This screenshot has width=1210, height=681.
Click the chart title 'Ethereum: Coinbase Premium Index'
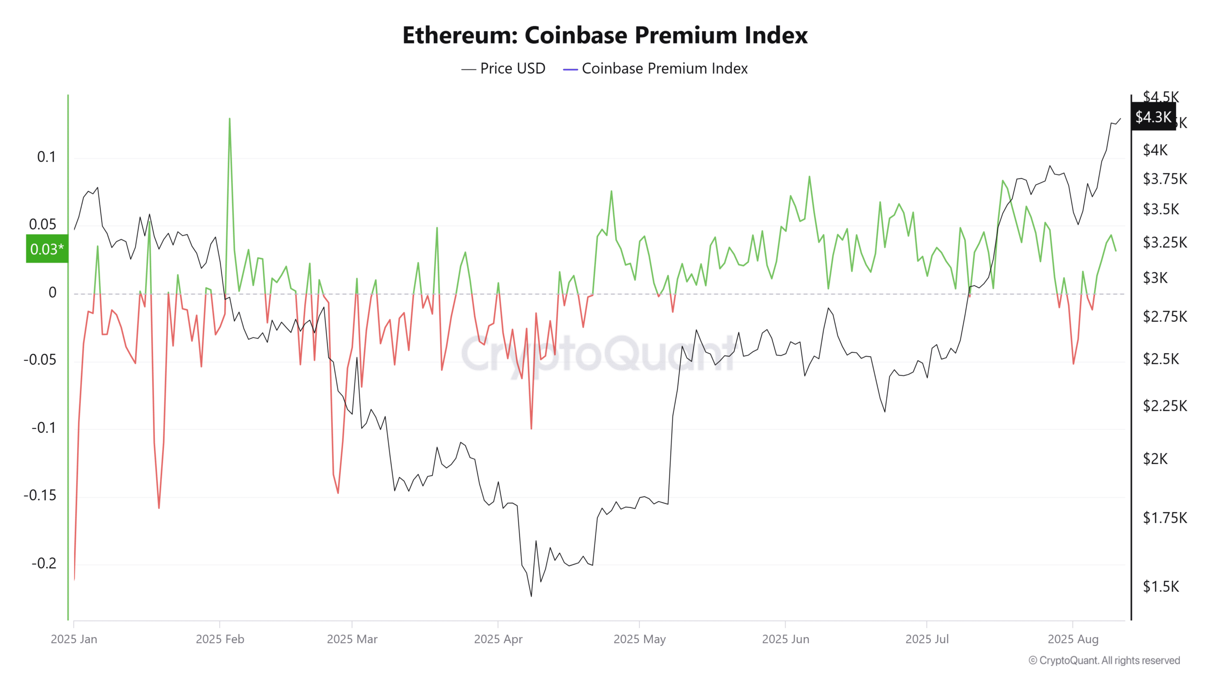coord(605,35)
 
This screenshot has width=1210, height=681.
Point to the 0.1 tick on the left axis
coord(46,157)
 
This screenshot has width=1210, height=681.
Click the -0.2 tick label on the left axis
coord(43,563)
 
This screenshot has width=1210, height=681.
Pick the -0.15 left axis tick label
coord(40,495)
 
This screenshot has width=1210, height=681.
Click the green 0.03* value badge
coord(47,249)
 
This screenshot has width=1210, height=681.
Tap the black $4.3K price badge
coord(1153,117)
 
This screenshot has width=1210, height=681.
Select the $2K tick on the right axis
coord(1155,459)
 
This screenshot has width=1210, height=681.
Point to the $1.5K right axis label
coord(1160,586)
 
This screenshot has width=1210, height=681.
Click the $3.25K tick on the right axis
coord(1165,243)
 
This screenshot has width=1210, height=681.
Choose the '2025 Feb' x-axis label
coord(220,639)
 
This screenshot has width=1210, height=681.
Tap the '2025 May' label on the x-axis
coord(640,639)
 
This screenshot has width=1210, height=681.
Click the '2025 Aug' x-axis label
coord(1073,639)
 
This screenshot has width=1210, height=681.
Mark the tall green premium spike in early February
coord(230,119)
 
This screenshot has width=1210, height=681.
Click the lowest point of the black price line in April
coord(531,595)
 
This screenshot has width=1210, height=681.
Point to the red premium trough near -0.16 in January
coord(159,508)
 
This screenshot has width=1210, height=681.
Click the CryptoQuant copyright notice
coord(1104,660)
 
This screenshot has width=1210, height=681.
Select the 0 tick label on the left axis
coord(52,293)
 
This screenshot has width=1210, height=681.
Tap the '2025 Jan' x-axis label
coord(74,639)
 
